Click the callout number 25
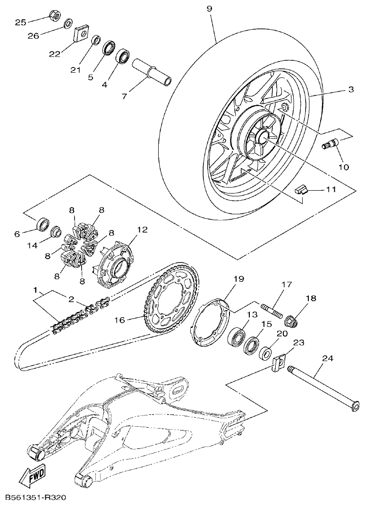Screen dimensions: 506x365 coord(20,22)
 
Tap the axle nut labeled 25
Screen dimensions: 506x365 coord(55,17)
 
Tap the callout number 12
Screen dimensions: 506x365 coord(142,230)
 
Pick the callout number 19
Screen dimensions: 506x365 coord(238,279)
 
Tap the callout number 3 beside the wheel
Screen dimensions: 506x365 coord(351,90)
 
